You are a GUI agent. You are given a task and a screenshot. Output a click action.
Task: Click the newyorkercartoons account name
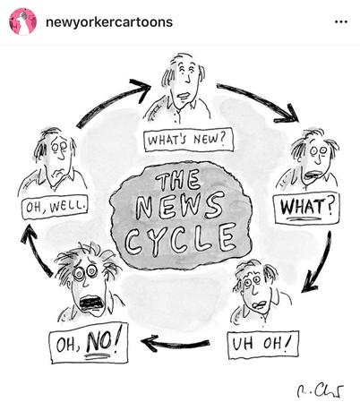[x=109, y=22]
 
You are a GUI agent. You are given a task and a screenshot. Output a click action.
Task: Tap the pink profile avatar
[x=23, y=21]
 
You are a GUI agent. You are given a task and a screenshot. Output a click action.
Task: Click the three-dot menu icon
[x=341, y=21]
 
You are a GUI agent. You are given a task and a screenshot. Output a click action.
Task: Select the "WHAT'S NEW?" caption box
[x=188, y=140]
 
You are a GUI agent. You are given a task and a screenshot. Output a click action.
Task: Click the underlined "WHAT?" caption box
[x=306, y=208]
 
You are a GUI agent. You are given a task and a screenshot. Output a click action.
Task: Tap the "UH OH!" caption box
[x=262, y=345]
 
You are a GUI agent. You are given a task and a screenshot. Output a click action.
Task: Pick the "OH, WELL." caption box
[x=55, y=207]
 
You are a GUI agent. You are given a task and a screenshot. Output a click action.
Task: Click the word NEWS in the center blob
[x=180, y=206]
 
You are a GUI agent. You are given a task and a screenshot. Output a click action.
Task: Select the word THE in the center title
[x=178, y=180]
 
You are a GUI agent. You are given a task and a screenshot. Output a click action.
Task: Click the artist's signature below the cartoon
[x=320, y=389]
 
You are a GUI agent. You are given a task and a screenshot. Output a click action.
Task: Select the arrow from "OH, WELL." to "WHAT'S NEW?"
[x=112, y=100]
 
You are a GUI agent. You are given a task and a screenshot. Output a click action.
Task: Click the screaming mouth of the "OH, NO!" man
[x=91, y=303]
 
